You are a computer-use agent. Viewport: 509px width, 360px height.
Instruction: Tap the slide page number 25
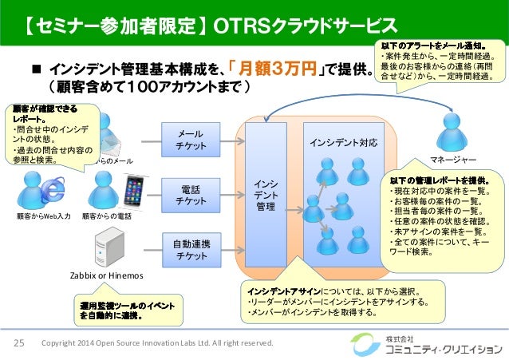[x=19, y=342]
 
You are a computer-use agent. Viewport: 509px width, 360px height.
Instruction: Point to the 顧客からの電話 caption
[x=107, y=216]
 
